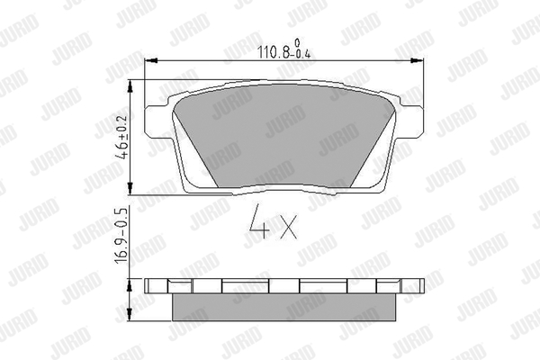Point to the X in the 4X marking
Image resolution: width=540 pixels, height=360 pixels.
[x=288, y=227]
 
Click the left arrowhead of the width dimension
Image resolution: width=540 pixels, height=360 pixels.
[x=151, y=60]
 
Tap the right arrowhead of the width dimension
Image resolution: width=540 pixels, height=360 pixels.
[x=417, y=60]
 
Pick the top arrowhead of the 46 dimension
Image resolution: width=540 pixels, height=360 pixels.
[x=130, y=86]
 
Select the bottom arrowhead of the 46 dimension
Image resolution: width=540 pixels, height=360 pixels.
[x=130, y=188]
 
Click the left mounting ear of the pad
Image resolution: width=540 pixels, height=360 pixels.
[x=158, y=120]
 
